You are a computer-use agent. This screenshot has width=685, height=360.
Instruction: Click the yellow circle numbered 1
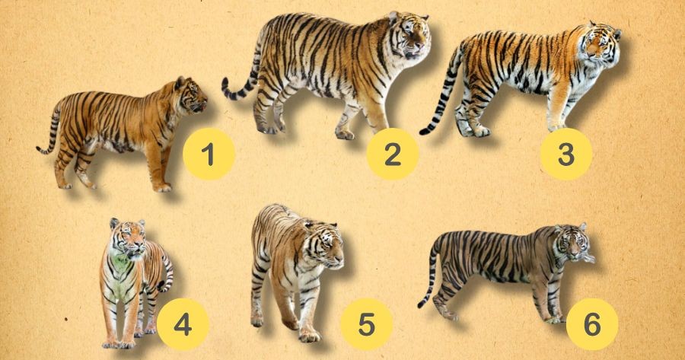[209, 154]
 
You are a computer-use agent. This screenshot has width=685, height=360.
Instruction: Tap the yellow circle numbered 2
[392, 154]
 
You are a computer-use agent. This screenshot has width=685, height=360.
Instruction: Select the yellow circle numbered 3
[566, 154]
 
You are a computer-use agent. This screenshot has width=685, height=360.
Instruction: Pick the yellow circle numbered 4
[183, 324]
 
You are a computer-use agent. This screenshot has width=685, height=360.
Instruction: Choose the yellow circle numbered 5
[367, 324]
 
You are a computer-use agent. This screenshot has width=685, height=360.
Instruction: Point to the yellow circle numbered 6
[592, 324]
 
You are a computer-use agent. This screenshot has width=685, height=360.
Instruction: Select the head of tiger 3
[601, 43]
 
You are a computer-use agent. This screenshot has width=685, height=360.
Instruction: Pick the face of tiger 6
[572, 244]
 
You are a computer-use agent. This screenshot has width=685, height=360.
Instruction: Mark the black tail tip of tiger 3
[425, 130]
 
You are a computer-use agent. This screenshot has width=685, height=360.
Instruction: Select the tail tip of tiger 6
[422, 303]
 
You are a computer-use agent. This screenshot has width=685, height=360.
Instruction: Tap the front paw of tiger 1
[164, 188]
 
